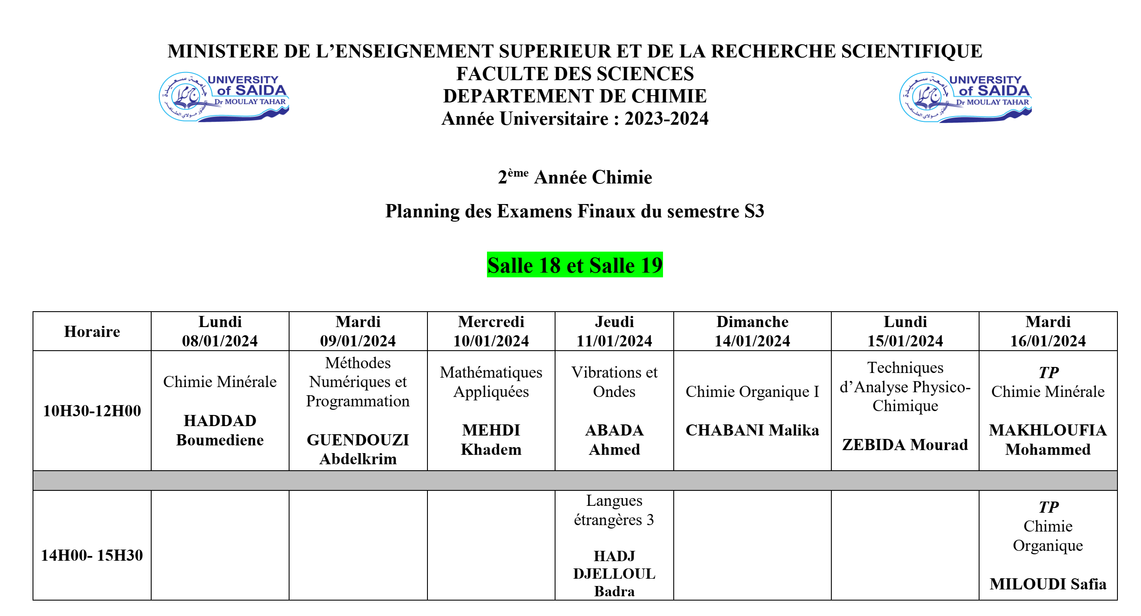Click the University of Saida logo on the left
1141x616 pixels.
pyautogui.click(x=224, y=96)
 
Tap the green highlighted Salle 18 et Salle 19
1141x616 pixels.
pyautogui.click(x=574, y=265)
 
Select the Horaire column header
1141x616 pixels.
pyautogui.click(x=92, y=331)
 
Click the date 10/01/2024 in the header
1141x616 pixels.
pyautogui.click(x=491, y=341)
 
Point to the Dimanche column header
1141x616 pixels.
pyautogui.click(x=752, y=322)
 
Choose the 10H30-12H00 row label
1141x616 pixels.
pyautogui.click(x=92, y=411)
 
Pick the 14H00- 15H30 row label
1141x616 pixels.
pyautogui.click(x=92, y=555)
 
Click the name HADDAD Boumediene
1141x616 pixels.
pyautogui.click(x=220, y=430)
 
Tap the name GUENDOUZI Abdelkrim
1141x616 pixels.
pyautogui.click(x=358, y=449)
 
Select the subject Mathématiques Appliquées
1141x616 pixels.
pyautogui.click(x=491, y=382)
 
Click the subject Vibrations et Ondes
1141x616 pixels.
pyautogui.click(x=614, y=382)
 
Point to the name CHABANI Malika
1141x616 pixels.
pyautogui.click(x=752, y=430)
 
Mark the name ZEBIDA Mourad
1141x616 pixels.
pyautogui.click(x=905, y=445)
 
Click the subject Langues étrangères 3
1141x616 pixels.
pyautogui.click(x=614, y=510)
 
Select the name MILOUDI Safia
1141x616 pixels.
pyautogui.click(x=1048, y=584)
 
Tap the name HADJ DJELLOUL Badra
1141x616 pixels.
pyautogui.click(x=614, y=574)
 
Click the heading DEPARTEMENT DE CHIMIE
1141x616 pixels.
pyautogui.click(x=574, y=96)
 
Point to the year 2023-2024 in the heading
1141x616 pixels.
pyautogui.click(x=666, y=119)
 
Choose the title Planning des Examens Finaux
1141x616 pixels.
pyautogui.click(x=574, y=211)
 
